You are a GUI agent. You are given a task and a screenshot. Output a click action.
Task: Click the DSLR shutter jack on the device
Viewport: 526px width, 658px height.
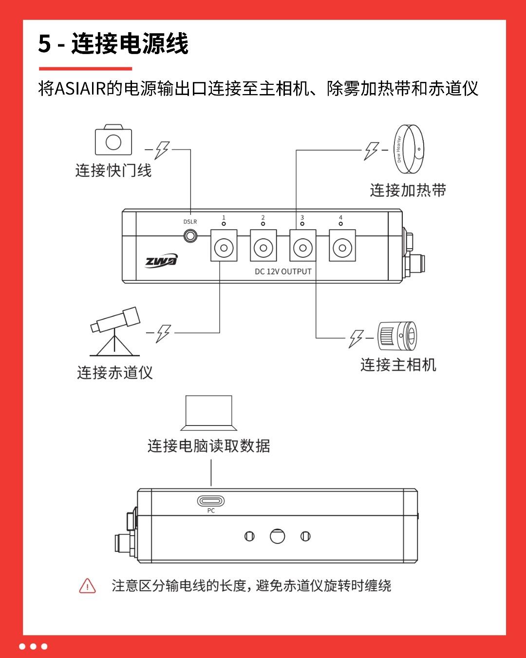tap(190, 236)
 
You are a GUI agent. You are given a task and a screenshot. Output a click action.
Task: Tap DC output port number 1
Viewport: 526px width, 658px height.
tap(224, 245)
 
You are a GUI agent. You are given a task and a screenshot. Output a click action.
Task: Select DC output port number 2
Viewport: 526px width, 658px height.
tap(263, 245)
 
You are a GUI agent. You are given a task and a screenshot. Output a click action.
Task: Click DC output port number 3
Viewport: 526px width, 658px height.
tap(302, 245)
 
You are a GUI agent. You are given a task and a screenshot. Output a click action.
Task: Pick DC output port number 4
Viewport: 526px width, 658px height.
tap(342, 245)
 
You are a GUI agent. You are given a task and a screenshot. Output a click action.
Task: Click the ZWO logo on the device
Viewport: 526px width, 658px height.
tap(161, 260)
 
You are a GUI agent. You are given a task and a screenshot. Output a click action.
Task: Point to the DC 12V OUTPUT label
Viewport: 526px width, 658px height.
tap(283, 271)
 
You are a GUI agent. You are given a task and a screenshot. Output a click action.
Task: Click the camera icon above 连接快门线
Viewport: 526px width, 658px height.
tap(113, 139)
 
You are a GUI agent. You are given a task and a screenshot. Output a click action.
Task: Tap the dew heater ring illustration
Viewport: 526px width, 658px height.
tap(409, 149)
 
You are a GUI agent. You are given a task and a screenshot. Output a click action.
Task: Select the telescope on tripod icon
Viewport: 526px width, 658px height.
tap(115, 331)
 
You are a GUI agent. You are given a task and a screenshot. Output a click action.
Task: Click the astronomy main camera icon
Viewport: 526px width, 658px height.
tap(397, 336)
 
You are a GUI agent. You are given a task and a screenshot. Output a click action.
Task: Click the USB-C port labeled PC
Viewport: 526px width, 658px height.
tap(210, 501)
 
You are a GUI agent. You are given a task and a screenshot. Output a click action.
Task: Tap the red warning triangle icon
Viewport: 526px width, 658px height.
tap(87, 586)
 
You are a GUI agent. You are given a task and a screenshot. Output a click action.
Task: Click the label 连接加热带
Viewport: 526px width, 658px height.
tap(408, 190)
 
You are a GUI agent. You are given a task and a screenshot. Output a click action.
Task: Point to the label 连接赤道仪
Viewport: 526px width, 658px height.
tap(114, 372)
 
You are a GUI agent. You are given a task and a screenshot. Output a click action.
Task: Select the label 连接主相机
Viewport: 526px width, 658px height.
tap(398, 365)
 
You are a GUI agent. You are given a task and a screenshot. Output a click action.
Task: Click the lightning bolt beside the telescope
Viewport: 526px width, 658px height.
tap(163, 333)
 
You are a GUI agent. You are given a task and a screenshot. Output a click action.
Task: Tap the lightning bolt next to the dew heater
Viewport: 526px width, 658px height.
tap(371, 151)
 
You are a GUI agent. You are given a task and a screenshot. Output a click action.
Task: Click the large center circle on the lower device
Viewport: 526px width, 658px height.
tap(277, 536)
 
